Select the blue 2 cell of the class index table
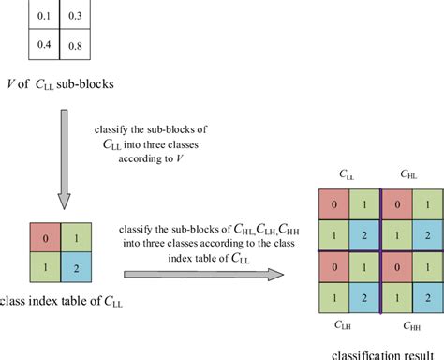78,268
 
